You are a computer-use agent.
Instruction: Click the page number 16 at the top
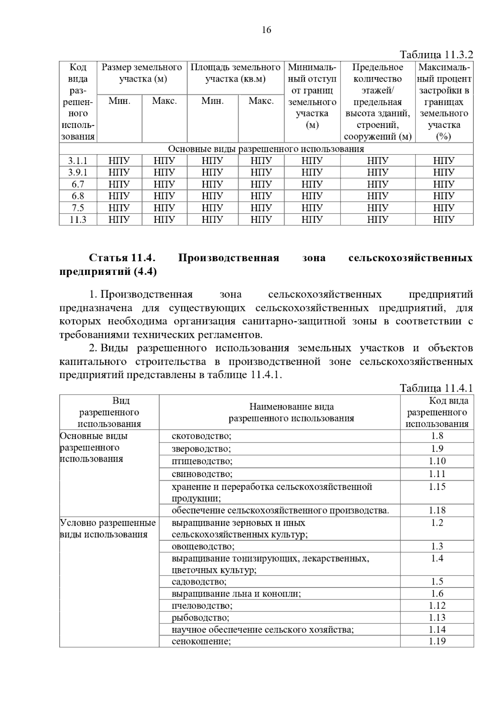coord(266,30)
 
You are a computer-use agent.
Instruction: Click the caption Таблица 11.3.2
coord(436,55)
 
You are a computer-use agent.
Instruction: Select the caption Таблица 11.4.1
coord(436,388)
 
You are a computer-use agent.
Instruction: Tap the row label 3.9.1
coord(78,173)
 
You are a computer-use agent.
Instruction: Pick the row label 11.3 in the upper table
coord(78,219)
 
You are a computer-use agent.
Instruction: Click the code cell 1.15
coord(437,487)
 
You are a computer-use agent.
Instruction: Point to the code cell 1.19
coord(437,641)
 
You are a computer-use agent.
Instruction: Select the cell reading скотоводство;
coord(201,436)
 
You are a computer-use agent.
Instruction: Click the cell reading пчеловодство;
coord(202,606)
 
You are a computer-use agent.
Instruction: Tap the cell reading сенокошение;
coord(201,642)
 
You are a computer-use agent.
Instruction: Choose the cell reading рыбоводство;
coord(200,618)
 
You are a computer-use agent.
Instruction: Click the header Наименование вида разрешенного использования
coord(291,412)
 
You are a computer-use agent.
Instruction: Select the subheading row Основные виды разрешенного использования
coord(266,149)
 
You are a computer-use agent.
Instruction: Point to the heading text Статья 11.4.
coord(122,258)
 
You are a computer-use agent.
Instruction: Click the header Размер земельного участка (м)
coord(142,73)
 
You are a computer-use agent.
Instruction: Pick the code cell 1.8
coord(437,436)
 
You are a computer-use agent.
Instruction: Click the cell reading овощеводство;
coord(203,547)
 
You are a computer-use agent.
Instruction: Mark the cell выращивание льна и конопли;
coord(236,594)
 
